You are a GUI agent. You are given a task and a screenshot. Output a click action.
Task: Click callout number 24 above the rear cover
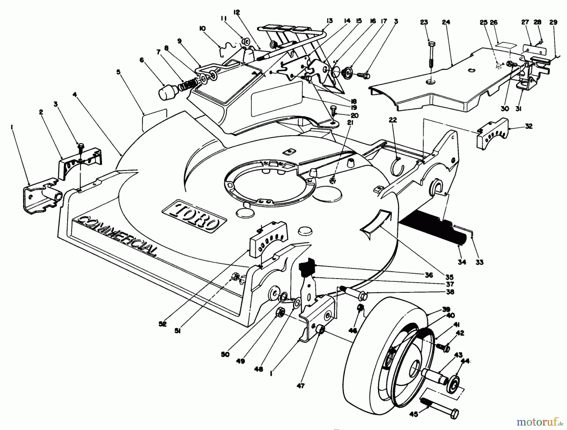[446, 22]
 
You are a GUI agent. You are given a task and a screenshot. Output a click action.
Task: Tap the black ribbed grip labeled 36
[307, 267]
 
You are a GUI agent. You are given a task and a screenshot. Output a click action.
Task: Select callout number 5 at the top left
[118, 72]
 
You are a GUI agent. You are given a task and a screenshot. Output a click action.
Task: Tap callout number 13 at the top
[329, 21]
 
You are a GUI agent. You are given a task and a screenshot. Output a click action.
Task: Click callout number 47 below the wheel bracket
[301, 386]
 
